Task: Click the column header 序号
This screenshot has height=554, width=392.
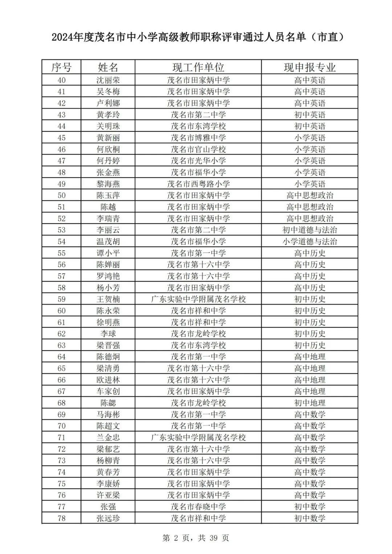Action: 61,67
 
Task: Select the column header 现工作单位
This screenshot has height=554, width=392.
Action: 198,67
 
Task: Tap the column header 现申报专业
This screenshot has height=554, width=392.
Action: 310,67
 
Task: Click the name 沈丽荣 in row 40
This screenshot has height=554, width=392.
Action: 108,80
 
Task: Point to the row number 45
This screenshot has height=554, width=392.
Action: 61,138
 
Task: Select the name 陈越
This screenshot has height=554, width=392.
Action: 108,207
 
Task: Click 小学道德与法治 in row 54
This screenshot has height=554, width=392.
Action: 310,242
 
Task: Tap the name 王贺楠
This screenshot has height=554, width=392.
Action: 108,299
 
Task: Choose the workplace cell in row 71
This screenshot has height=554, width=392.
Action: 198,438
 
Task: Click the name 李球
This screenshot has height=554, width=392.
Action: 108,334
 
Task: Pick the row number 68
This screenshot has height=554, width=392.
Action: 61,403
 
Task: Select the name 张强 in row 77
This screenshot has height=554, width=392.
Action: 108,507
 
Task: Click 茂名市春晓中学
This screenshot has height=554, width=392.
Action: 198,507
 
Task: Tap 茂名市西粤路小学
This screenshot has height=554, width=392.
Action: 198,184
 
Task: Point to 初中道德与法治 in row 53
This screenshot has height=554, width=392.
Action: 310,230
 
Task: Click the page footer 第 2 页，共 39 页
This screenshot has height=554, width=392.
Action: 196,538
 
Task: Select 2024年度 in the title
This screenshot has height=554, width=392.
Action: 73,37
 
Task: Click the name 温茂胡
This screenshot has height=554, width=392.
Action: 108,242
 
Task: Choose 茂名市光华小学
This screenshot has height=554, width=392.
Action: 198,161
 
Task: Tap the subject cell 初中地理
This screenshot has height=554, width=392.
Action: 310,403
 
